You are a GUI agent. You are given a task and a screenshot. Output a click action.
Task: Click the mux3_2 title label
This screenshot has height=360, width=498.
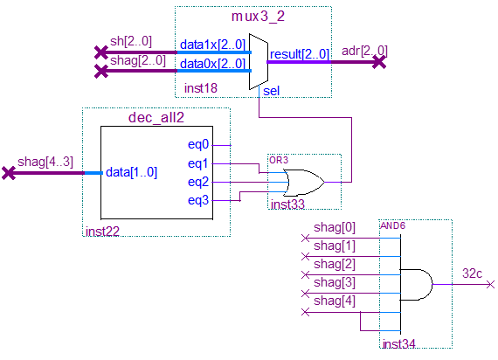tap(258, 17)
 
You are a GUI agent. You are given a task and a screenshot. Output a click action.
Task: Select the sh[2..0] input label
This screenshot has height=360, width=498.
tap(131, 41)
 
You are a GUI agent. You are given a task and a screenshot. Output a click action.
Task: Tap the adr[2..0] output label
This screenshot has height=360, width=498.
tap(364, 51)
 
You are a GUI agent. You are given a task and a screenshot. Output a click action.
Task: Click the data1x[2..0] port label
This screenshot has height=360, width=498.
tap(212, 45)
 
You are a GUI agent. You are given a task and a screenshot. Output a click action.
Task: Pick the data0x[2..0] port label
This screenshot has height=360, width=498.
tap(212, 64)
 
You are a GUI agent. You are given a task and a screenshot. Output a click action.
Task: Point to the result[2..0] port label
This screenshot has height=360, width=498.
tap(300, 54)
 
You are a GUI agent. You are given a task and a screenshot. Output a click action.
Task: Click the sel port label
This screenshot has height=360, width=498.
tap(271, 91)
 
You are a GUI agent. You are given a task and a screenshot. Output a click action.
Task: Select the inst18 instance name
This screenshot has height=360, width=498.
tap(201, 88)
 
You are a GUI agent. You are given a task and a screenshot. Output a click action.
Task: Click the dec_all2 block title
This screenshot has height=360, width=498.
tap(156, 118)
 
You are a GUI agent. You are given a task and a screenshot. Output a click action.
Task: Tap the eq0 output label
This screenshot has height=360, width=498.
tap(198, 144)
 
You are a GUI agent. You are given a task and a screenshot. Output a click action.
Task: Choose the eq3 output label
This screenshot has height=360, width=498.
tap(198, 200)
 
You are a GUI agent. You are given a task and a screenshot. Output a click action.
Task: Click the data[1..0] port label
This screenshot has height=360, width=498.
tap(131, 172)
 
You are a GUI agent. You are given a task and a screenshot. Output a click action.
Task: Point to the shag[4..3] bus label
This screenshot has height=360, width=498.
tap(45, 162)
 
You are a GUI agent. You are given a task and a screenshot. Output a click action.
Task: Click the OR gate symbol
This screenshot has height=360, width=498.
tap(304, 182)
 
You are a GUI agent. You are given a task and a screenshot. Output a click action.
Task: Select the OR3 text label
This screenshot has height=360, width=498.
tap(279, 160)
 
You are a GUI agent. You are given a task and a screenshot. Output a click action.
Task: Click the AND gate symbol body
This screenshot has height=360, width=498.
tap(416, 284)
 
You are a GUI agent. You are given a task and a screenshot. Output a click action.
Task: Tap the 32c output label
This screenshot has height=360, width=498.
tap(472, 273)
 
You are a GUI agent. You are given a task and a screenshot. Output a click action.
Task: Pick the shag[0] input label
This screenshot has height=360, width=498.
tap(335, 227)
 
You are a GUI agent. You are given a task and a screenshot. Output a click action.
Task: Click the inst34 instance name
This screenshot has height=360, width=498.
tap(399, 343)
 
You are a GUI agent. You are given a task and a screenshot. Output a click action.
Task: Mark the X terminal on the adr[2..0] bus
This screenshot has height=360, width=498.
tap(379, 62)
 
